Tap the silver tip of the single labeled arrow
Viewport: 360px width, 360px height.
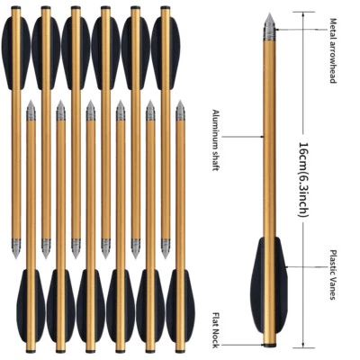[x=270, y=30]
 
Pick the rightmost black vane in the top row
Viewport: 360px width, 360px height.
[x=165, y=40]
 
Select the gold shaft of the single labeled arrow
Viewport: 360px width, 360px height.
[x=270, y=144]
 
